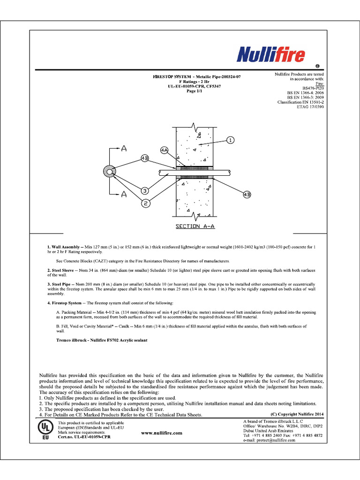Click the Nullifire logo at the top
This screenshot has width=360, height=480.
point(271,55)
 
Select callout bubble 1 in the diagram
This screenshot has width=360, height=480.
point(230,140)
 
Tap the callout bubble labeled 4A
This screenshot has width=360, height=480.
point(164,150)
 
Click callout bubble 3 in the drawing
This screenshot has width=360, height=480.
point(145,191)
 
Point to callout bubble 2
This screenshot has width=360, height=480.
point(146,203)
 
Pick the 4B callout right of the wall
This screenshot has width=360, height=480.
point(247,194)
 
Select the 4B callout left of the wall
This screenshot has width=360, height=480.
point(145,158)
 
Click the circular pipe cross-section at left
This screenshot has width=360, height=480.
point(111,172)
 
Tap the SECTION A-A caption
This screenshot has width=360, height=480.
point(195,226)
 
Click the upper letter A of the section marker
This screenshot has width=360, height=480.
point(124,149)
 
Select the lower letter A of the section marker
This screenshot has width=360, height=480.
point(124,194)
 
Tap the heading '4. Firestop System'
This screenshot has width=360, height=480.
point(67,303)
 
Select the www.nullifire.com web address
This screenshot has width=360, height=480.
point(161,434)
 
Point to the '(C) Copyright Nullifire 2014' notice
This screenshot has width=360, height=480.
point(297,414)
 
